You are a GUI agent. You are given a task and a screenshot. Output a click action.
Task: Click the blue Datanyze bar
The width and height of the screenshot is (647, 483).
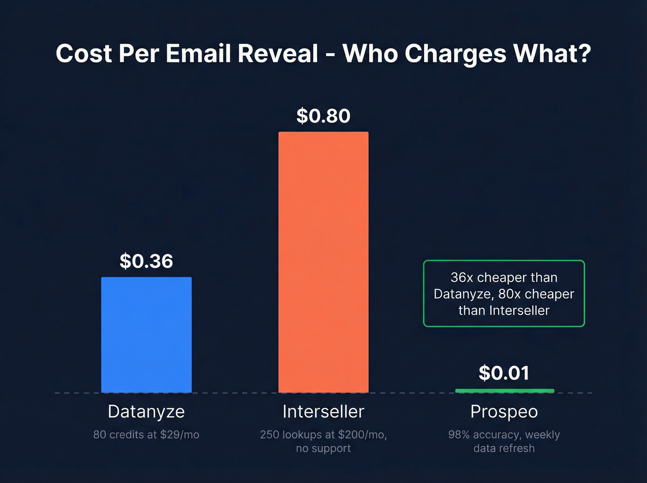point(146,335)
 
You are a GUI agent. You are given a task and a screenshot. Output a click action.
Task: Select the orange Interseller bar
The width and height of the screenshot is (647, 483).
point(323,262)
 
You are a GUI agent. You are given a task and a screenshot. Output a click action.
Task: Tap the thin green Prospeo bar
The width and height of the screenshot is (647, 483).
point(504,391)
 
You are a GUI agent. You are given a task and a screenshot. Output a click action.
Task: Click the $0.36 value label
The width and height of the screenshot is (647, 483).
point(146,261)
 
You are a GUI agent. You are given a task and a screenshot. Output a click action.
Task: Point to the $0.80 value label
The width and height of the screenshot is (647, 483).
point(323,116)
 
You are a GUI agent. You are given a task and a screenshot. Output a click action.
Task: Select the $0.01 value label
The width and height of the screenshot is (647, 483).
point(504,373)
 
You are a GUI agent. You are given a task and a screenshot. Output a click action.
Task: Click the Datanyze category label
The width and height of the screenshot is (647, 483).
point(146,411)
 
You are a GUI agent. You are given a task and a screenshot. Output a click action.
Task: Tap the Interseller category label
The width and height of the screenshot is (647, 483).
point(323,411)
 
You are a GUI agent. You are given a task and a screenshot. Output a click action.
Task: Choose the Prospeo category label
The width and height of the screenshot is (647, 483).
point(504,411)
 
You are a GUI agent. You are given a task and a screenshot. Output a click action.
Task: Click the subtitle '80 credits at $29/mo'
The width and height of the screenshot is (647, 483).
point(146,434)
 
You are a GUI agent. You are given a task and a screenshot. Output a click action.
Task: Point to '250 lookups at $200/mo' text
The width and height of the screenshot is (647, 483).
point(323,434)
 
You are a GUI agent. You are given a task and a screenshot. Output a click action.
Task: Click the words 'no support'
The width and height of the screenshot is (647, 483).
point(323,448)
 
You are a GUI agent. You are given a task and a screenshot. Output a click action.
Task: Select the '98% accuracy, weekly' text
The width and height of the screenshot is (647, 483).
point(504,434)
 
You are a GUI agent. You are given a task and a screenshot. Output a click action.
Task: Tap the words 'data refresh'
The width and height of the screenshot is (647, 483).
point(504,448)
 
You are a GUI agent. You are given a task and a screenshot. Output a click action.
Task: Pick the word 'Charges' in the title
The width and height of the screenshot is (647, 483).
point(456,54)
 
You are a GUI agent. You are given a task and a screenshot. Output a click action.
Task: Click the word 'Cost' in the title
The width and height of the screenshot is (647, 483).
point(84,54)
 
